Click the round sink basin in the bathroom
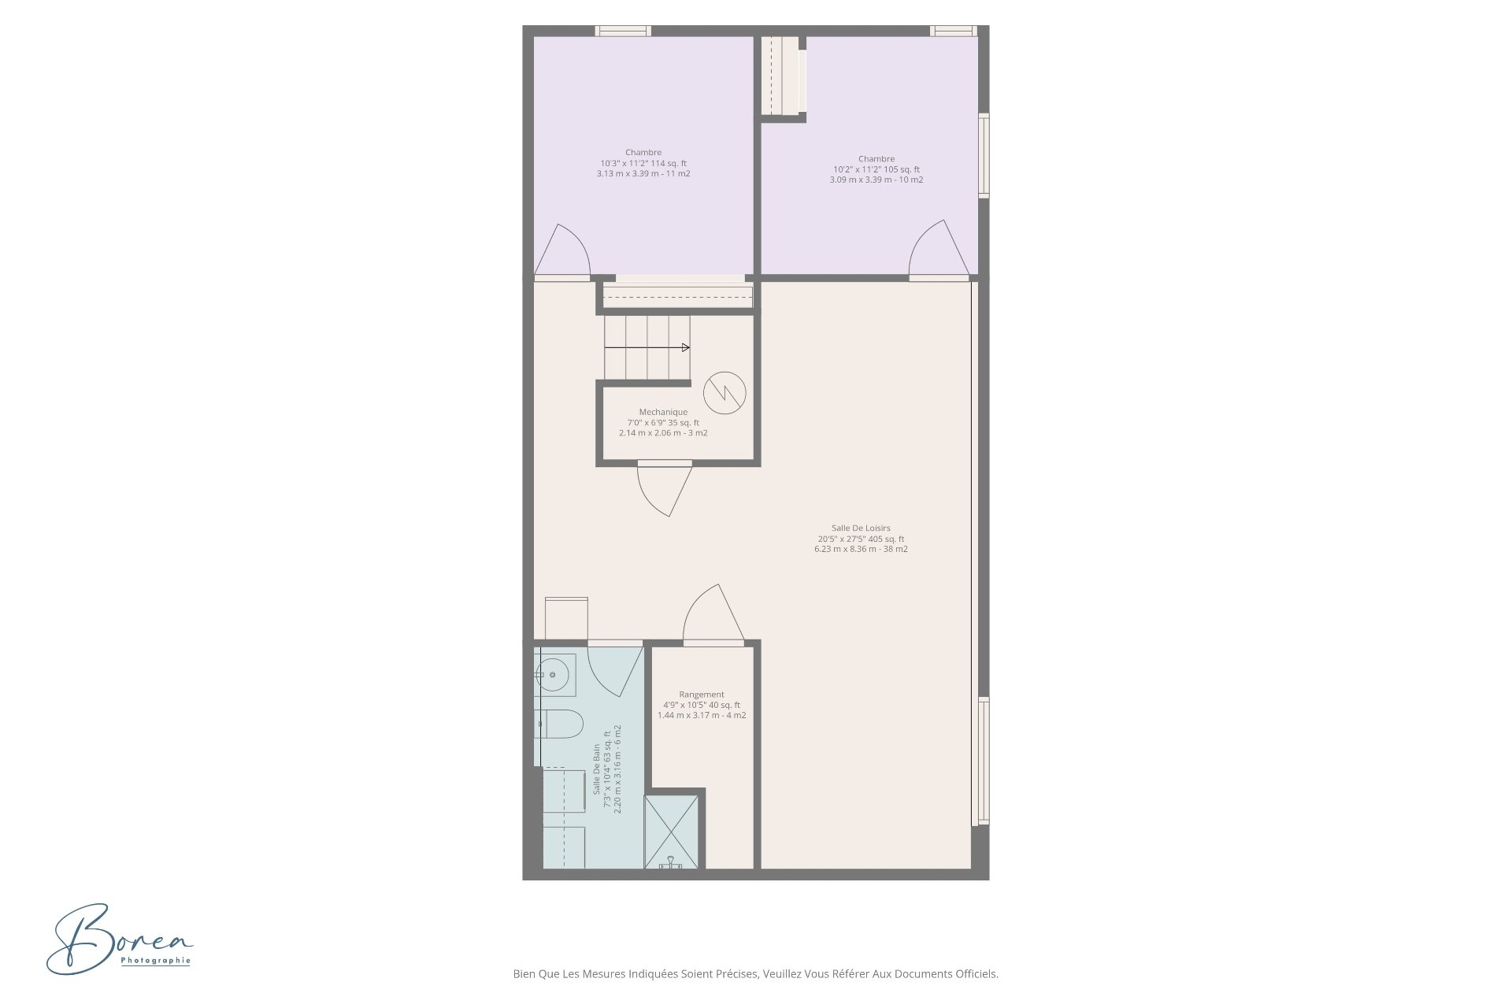pos(554,674)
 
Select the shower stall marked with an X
pos(671,832)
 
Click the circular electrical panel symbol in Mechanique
pos(724,393)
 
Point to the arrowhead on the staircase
pos(686,347)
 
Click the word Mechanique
pos(663,412)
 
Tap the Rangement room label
pos(702,695)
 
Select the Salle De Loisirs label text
pos(861,528)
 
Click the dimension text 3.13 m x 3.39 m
pos(626,173)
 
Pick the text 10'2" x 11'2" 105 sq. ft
pos(876,169)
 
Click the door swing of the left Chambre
pos(561,250)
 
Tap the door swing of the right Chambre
pos(939,248)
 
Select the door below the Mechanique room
pos(665,488)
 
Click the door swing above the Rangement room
pos(713,613)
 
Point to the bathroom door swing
pos(615,671)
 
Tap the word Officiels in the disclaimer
pos(976,974)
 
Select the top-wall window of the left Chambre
pos(623,31)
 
